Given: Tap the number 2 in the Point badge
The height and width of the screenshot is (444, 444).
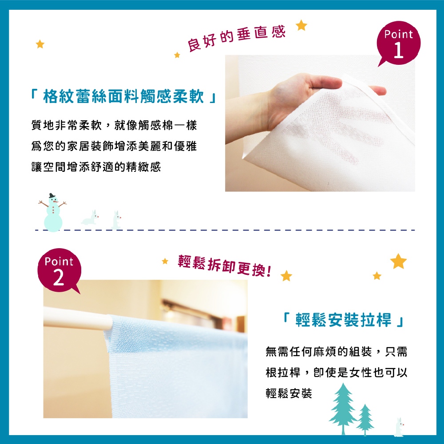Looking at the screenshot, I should tap(58, 278).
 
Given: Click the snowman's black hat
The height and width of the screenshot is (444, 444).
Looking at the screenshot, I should tap(52, 196).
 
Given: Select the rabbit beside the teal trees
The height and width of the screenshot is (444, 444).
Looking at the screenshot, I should tap(399, 427).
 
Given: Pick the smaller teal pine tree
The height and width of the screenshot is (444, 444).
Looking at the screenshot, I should tap(365, 419).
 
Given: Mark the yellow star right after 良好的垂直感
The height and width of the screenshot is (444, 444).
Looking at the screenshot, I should tap(301, 25).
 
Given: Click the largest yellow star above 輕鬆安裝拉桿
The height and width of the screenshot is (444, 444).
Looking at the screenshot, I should tap(398, 261).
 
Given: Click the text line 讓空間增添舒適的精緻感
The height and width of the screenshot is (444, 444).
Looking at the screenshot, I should tap(95, 167).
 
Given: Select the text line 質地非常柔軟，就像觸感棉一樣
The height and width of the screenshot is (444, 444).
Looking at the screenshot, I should tap(114, 126).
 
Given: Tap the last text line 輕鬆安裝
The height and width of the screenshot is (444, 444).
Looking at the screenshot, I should tap(289, 393).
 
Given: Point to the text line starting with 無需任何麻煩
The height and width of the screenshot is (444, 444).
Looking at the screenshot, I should tap(336, 352).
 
